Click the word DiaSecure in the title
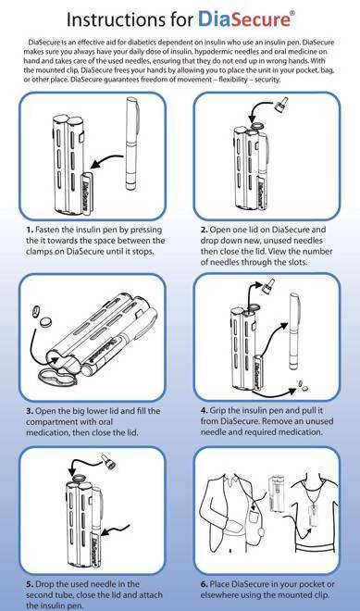pos(244,19)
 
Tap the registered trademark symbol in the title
pos(292,12)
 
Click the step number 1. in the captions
pos(30,230)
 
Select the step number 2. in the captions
pos(205,230)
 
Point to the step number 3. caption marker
pos(30,411)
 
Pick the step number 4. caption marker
pos(205,411)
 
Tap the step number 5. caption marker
pos(30,584)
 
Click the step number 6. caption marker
pos(205,584)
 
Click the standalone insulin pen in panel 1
pos(130,143)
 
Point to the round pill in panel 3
pos(47,322)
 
